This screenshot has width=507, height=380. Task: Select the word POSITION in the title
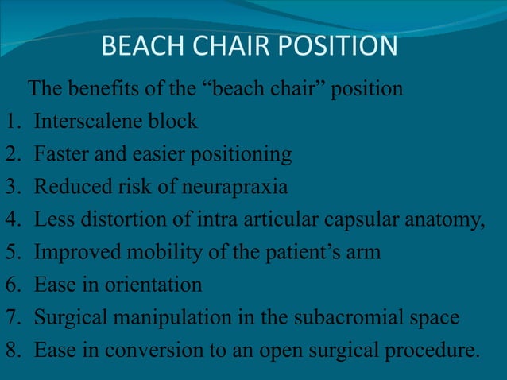pyautogui.click(x=335, y=46)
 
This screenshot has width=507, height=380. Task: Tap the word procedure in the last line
pyautogui.click(x=438, y=351)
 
